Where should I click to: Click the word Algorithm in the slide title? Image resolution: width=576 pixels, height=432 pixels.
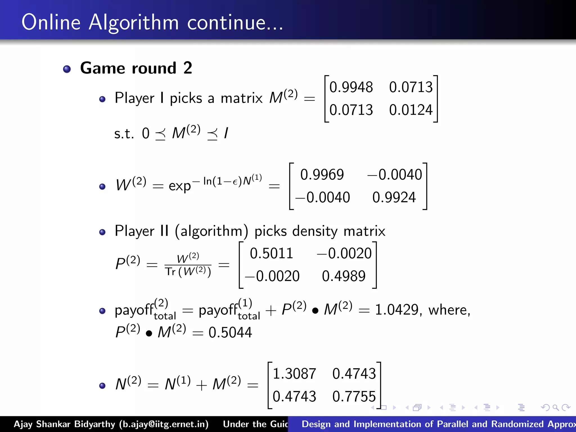[134, 22]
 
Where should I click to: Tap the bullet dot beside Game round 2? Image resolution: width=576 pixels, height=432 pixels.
[67, 69]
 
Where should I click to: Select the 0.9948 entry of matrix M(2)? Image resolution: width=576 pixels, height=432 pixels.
[351, 87]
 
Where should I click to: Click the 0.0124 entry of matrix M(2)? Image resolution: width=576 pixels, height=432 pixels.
[411, 110]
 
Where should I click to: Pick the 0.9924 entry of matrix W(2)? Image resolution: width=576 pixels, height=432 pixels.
[394, 197]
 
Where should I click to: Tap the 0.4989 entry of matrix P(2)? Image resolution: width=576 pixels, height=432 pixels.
[344, 276]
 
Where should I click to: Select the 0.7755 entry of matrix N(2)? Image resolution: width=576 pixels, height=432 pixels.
[354, 396]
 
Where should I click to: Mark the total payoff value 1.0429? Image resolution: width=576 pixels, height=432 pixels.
[397, 310]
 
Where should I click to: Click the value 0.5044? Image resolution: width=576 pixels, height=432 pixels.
[230, 332]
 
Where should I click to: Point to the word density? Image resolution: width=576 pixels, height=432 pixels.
[315, 231]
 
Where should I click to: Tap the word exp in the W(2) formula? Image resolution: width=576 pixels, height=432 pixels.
[180, 186]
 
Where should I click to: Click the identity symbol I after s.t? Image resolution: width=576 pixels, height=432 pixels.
[226, 133]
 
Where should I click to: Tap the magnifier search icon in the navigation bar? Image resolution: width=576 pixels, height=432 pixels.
[555, 408]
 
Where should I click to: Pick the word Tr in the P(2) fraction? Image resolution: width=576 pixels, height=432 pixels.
[170, 272]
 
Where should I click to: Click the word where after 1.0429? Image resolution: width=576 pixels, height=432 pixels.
[449, 310]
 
